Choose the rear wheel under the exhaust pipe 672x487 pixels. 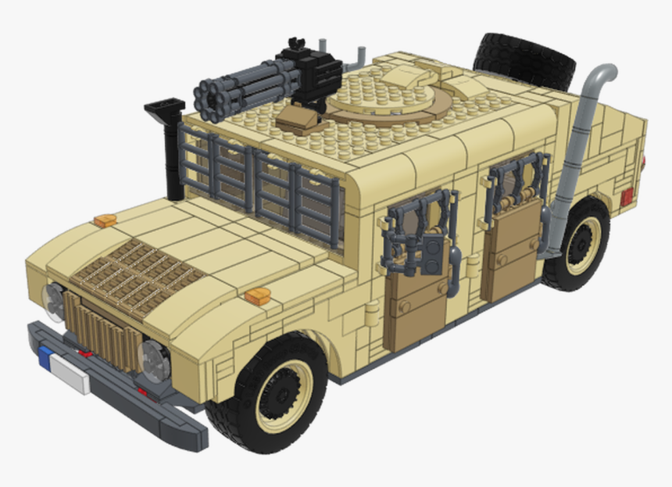pyautogui.click(x=579, y=243)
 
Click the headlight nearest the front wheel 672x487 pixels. pyautogui.click(x=155, y=360)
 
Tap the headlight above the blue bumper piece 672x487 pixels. pyautogui.click(x=55, y=300)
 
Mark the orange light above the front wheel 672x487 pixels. pyautogui.click(x=257, y=295)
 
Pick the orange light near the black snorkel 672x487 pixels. pyautogui.click(x=105, y=220)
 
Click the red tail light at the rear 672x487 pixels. pyautogui.click(x=627, y=195)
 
